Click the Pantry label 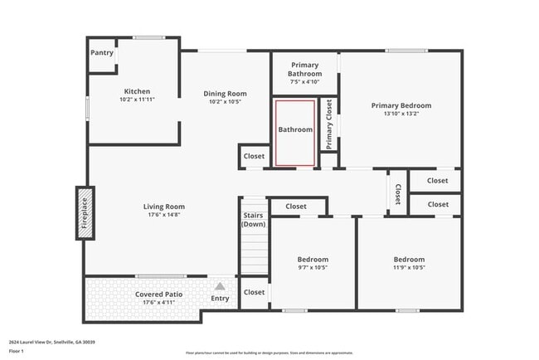point(102,53)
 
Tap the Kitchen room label point(137,91)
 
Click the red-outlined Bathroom point(295,130)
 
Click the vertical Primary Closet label point(329,124)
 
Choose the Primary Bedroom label point(401,105)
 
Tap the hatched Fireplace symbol point(85,214)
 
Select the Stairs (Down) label point(254,220)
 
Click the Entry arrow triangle point(221,286)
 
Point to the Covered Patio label point(159,294)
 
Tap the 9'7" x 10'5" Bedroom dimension point(313,268)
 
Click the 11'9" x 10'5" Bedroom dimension point(409,268)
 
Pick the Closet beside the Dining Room point(254,156)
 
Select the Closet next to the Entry point(254,292)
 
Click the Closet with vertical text point(398,193)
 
